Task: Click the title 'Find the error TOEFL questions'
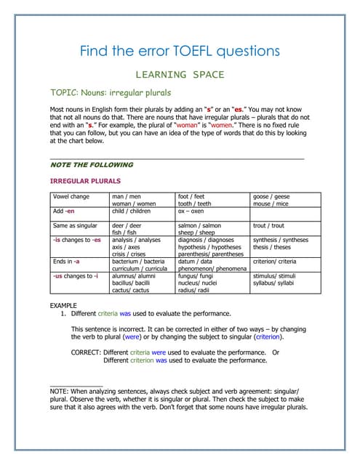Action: pyautogui.click(x=180, y=51)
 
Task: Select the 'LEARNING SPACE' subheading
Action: pyautogui.click(x=180, y=74)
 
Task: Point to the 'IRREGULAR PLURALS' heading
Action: pyautogui.click(x=84, y=180)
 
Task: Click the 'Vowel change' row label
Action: pyautogui.click(x=71, y=196)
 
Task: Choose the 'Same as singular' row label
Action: pyautogui.click(x=75, y=226)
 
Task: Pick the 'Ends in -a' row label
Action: pyautogui.click(x=66, y=261)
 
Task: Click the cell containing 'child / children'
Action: pyautogui.click(x=132, y=211)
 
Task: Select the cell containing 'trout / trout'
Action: pyautogui.click(x=268, y=226)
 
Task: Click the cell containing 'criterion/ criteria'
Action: pyautogui.click(x=274, y=261)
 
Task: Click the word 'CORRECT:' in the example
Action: pyautogui.click(x=87, y=352)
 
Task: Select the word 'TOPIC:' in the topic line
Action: pyautogui.click(x=65, y=93)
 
